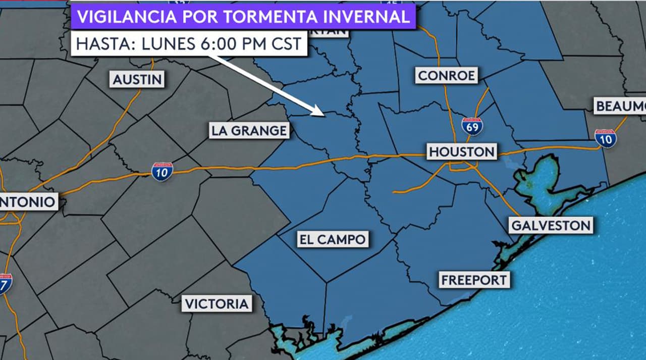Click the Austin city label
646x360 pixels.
coord(137,79)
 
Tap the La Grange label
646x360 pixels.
coord(249,131)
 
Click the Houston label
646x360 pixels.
coord(462,151)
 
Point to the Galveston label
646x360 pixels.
coord(551,225)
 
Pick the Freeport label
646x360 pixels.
coord(474,280)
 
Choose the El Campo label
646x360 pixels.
coord(332,239)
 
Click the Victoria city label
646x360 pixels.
coord(217,304)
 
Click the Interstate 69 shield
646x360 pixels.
coord(472,126)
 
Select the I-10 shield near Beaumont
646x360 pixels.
coord(605,138)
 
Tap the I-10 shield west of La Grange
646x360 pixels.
coord(162,172)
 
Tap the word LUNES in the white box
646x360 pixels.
coord(168,44)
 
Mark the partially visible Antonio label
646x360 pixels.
coord(28,202)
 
